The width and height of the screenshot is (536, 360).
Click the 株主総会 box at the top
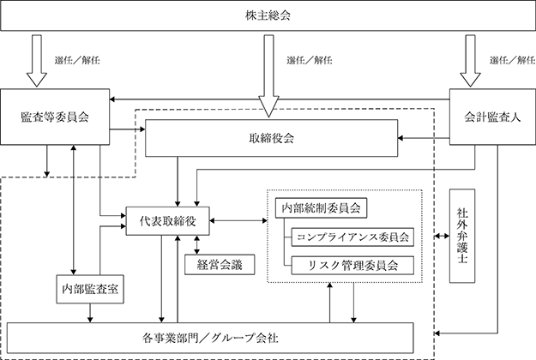(268, 15)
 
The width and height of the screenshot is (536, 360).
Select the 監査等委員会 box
(55, 117)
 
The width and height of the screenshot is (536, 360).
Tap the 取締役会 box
(271, 138)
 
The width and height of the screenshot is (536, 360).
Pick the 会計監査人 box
(492, 117)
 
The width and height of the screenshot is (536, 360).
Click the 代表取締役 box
(168, 221)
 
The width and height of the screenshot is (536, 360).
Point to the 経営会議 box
(220, 265)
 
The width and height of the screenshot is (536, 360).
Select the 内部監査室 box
(90, 290)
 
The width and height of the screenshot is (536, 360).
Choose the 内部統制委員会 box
(322, 208)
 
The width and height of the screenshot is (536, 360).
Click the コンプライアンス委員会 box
(352, 237)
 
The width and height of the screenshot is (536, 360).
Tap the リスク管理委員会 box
(352, 266)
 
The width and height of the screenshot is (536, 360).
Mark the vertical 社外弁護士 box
(462, 236)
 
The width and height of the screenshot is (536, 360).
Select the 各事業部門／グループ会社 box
(210, 338)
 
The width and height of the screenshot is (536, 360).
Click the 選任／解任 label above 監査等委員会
(77, 61)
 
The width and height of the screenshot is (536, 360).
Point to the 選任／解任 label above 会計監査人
(512, 61)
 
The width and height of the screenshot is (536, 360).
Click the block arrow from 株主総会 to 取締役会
(269, 75)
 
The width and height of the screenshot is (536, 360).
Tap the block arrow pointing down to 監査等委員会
(37, 61)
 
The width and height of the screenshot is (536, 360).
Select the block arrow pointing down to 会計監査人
(470, 61)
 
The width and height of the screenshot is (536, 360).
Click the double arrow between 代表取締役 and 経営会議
(196, 245)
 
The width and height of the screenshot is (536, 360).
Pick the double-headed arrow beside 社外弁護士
(442, 236)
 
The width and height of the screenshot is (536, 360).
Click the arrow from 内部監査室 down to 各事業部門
(90, 313)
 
